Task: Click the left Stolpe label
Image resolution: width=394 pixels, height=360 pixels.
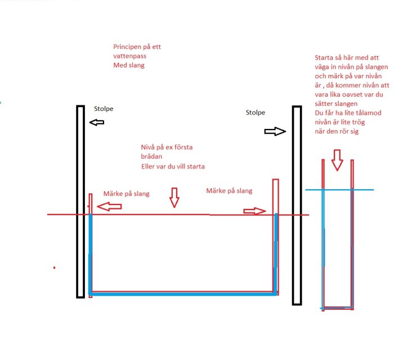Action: tap(104, 109)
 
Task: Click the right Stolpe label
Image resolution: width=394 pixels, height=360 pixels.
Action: tap(256, 113)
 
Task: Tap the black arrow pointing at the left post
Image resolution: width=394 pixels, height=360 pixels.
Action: tap(97, 122)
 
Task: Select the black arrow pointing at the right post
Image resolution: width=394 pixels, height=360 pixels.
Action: tap(275, 131)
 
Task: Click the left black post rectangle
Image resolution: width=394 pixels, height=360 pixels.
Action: tap(80, 202)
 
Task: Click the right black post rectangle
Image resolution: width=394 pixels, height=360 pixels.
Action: tap(297, 206)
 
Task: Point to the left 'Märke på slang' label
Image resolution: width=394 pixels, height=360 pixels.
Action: tap(127, 194)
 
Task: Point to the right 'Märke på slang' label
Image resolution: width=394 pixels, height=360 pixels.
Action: tap(229, 190)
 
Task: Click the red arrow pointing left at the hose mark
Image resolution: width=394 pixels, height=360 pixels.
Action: tap(109, 207)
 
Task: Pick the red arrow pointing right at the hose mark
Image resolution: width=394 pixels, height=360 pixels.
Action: tap(254, 211)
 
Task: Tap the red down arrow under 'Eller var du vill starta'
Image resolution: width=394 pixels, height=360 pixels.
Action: tap(174, 198)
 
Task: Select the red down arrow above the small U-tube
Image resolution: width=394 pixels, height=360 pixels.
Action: tap(337, 160)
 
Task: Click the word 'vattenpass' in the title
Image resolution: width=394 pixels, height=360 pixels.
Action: tap(129, 56)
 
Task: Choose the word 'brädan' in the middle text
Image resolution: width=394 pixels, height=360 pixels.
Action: tap(151, 157)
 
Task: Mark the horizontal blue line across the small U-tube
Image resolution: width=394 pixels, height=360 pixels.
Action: tap(339, 190)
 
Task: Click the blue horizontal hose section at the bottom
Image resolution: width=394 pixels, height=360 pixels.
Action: tap(183, 294)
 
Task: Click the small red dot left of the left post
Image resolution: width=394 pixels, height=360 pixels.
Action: tap(54, 268)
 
